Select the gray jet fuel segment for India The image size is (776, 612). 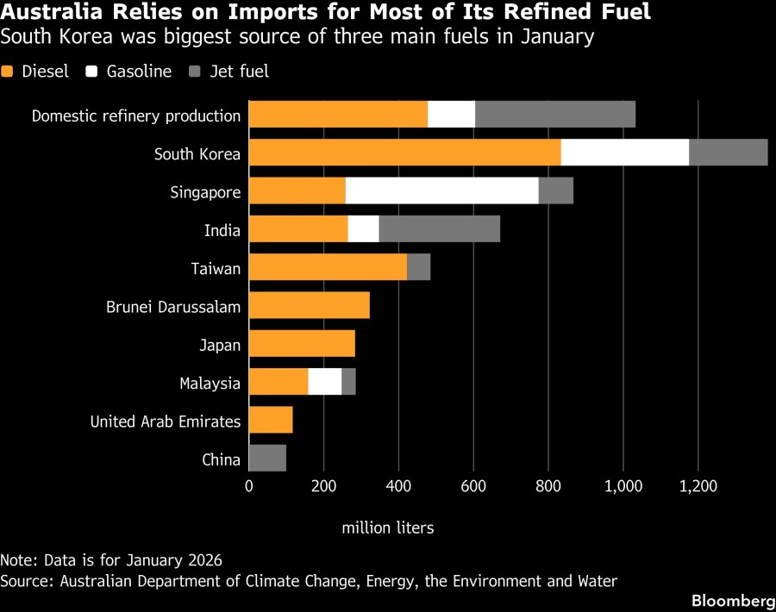439,229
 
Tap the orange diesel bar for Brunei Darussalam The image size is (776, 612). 309,306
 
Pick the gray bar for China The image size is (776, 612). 267,459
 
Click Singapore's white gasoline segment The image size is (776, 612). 441,191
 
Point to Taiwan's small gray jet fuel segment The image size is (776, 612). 418,268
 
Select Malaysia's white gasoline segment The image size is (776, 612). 324,383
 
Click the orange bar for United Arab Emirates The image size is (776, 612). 271,421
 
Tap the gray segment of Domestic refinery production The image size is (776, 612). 554,115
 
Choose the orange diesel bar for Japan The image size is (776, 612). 302,344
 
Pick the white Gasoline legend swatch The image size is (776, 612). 91,72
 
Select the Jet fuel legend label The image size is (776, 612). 239,72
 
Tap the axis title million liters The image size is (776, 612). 387,527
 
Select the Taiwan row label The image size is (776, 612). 216,268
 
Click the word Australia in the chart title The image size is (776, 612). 50,13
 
